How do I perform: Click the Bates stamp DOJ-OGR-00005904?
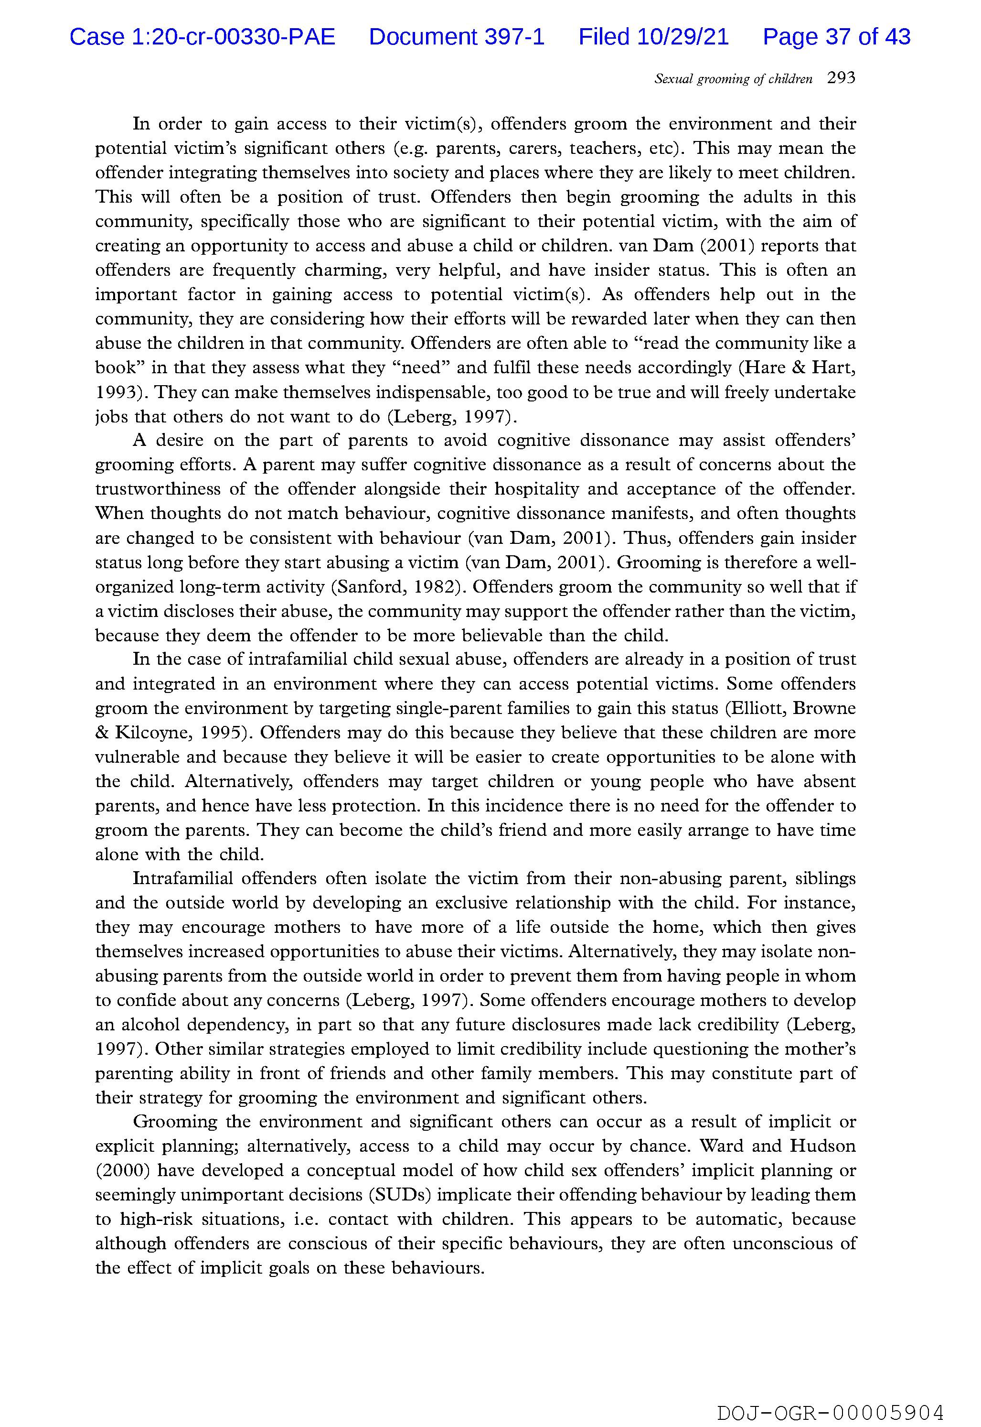coord(830,1395)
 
